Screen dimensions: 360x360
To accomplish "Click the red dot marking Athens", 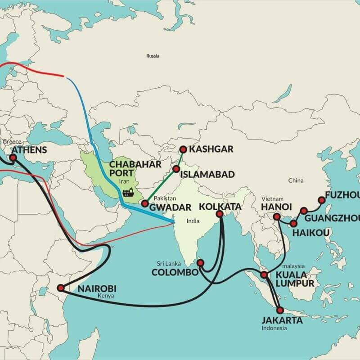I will pyautogui.click(x=13, y=158).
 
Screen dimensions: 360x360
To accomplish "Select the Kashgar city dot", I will pyautogui.click(x=183, y=149).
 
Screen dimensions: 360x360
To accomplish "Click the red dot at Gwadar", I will pyautogui.click(x=144, y=203).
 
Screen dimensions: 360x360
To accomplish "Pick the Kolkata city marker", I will pyautogui.click(x=220, y=214).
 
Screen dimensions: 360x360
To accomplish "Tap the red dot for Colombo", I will pyautogui.click(x=201, y=262).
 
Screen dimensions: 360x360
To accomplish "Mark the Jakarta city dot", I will pyautogui.click(x=280, y=310).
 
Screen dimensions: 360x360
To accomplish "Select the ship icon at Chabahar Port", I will pyautogui.click(x=128, y=192).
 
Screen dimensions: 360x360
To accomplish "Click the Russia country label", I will pyautogui.click(x=153, y=56).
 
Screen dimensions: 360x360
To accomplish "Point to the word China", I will pyautogui.click(x=296, y=180).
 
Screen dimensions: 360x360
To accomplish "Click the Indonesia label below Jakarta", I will pyautogui.click(x=274, y=328).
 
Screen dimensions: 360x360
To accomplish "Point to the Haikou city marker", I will pyautogui.click(x=293, y=223).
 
